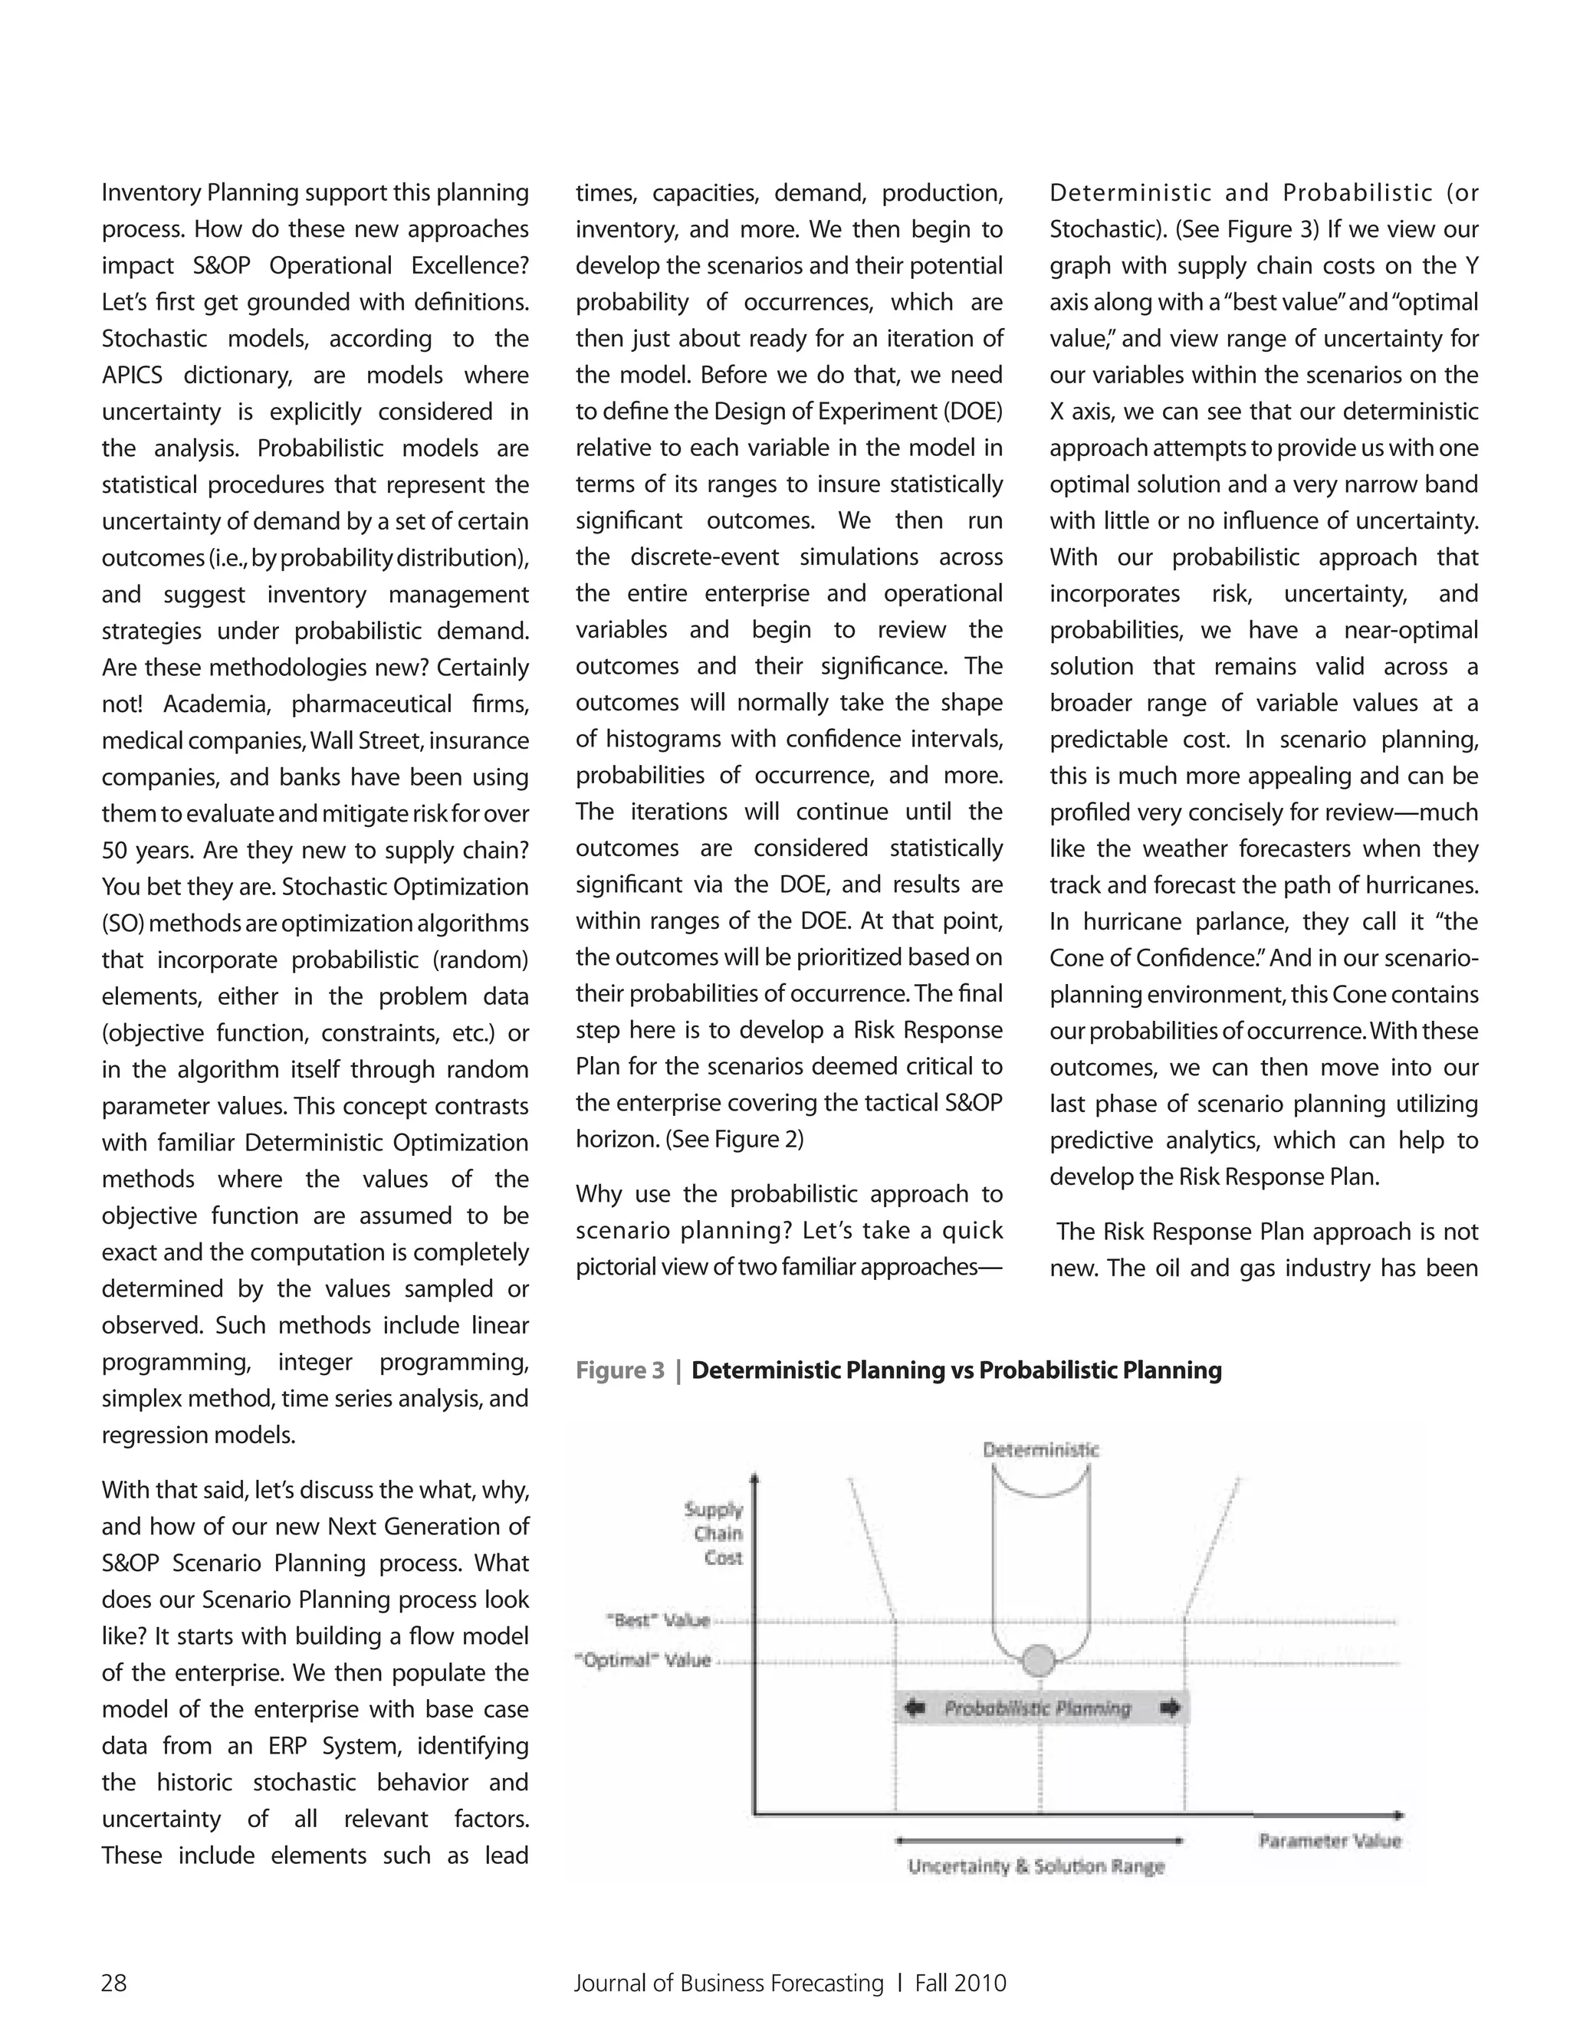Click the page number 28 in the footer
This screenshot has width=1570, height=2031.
113,1983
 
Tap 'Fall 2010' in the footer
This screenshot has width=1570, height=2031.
960,1983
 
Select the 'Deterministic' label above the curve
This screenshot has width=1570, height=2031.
1041,1450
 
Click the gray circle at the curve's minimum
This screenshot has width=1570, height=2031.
1039,1660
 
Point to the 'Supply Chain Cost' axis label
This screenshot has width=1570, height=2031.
714,1534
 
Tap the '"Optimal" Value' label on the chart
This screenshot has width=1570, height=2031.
644,1660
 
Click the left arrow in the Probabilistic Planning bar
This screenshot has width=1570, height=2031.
915,1708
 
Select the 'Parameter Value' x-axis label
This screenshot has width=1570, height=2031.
1329,1840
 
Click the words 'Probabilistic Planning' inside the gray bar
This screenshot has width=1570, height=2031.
1038,1708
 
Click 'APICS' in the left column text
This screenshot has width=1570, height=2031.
132,376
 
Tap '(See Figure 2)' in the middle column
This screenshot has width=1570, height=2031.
734,1139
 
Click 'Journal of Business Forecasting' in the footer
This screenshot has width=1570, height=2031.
728,1983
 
